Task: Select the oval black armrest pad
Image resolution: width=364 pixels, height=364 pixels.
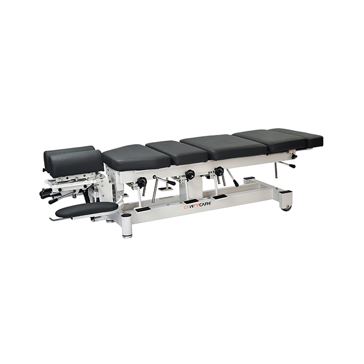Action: [87, 210]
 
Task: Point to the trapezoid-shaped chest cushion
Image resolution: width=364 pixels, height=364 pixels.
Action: [136, 156]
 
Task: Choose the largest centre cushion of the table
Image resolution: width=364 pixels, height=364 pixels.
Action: [223, 147]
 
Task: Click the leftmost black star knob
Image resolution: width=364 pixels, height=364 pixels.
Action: [142, 181]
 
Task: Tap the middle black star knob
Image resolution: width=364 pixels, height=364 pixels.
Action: [190, 174]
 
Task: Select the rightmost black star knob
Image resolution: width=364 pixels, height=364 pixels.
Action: [219, 171]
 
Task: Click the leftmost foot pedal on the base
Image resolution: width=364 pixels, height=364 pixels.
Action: [142, 210]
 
